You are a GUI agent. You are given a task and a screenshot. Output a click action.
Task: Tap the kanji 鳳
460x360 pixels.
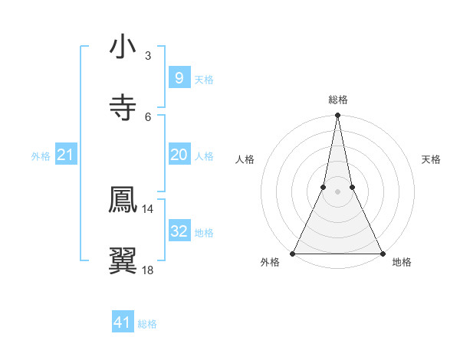123,199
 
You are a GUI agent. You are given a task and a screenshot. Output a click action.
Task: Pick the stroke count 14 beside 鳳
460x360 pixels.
148,208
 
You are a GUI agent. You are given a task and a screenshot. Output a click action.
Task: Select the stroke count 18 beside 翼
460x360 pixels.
148,270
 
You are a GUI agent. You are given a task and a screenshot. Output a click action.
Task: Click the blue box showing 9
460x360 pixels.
179,77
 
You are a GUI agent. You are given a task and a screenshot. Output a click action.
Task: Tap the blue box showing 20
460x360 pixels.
179,155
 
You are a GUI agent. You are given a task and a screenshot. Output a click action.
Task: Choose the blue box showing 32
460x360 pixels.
179,231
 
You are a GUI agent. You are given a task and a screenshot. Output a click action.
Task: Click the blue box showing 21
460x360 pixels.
65,155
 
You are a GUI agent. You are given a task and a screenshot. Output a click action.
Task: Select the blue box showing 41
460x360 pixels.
123,322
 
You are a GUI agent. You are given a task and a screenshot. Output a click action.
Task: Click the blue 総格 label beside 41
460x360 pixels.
147,324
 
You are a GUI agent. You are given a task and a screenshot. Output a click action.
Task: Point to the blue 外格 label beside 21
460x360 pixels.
41,156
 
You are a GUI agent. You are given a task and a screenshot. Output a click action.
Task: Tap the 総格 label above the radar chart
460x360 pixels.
337,100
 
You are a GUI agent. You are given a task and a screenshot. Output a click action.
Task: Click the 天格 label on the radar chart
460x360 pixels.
431,159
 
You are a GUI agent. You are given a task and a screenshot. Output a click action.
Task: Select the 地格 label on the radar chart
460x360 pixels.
402,263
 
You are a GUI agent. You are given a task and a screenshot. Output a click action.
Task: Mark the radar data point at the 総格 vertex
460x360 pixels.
337,116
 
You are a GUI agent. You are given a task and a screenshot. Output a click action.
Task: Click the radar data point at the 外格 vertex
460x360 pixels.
293,253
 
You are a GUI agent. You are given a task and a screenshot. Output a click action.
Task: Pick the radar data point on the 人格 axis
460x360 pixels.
324,187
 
